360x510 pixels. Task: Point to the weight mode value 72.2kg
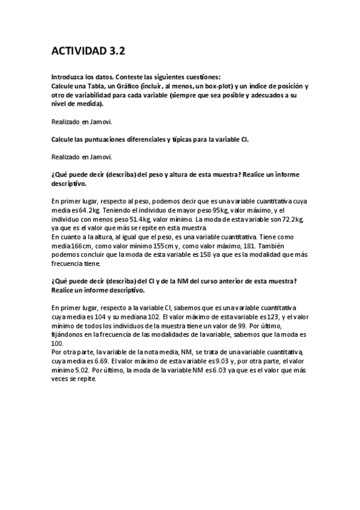pyautogui.click(x=293, y=220)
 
